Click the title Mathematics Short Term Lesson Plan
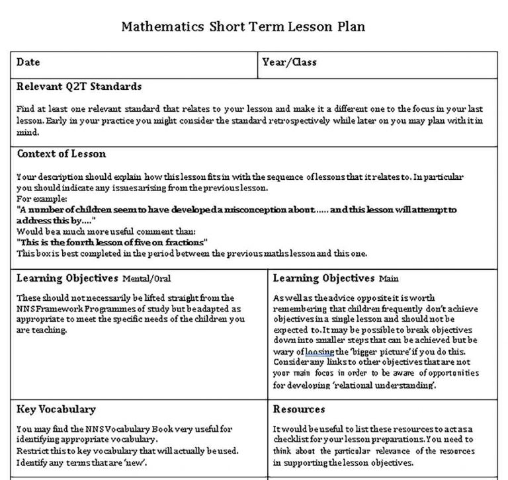[243, 27]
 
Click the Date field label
[28, 62]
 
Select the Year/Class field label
[289, 62]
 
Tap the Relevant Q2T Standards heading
[79, 87]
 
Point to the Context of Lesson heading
[61, 154]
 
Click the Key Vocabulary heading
[56, 409]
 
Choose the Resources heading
[298, 409]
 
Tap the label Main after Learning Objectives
[388, 279]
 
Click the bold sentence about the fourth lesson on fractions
[112, 242]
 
